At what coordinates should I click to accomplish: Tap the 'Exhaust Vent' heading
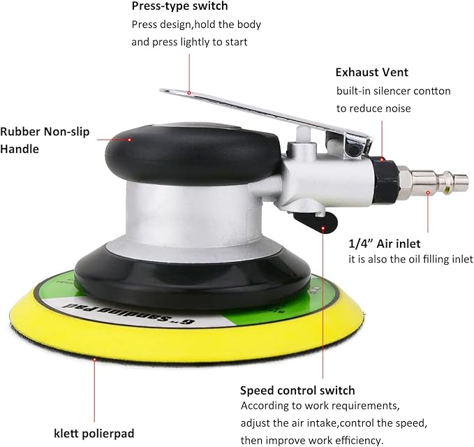pos(371,72)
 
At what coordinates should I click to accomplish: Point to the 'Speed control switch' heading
pos(297,390)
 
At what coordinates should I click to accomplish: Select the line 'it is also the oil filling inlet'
pos(410,259)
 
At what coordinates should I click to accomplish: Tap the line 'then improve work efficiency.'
pos(312,440)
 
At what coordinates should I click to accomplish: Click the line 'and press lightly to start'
pos(189,41)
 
